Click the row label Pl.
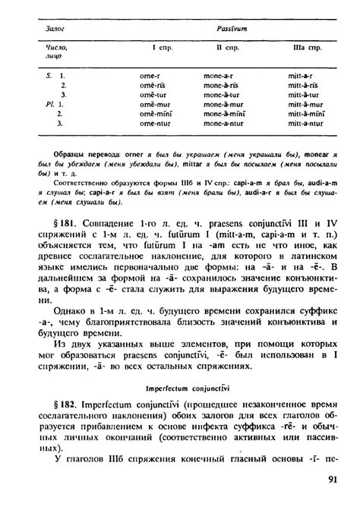(x=31, y=104)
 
